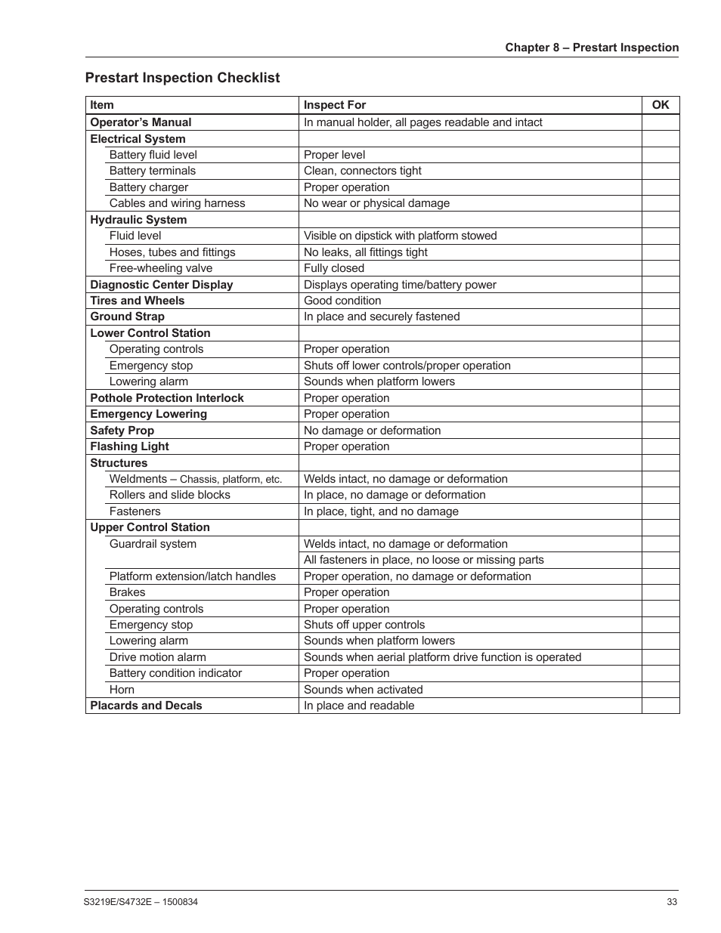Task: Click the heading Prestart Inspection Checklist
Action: pyautogui.click(x=182, y=78)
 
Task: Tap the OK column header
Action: pyautogui.click(x=660, y=105)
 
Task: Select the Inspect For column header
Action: pyautogui.click(x=334, y=105)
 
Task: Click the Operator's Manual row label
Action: pyautogui.click(x=141, y=122)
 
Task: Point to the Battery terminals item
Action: pyautogui.click(x=152, y=171)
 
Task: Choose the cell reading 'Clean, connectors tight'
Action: pyautogui.click(x=362, y=171)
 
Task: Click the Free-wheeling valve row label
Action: pyautogui.click(x=160, y=268)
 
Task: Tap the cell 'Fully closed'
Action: pyautogui.click(x=333, y=268)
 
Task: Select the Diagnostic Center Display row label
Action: pyautogui.click(x=161, y=285)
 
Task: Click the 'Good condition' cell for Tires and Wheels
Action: pyautogui.click(x=342, y=301)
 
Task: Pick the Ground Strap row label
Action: pyautogui.click(x=127, y=317)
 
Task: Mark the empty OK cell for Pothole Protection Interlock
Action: pyautogui.click(x=660, y=398)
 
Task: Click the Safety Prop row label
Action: pyautogui.click(x=122, y=431)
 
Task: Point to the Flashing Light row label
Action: pyautogui.click(x=129, y=446)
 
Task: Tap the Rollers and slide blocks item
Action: pyautogui.click(x=169, y=495)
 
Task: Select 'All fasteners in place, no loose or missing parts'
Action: pyautogui.click(x=423, y=560)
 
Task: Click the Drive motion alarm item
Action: pyautogui.click(x=157, y=657)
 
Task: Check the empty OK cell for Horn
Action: pyautogui.click(x=660, y=690)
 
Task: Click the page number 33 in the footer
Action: pyautogui.click(x=673, y=902)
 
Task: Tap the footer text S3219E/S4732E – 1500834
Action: pyautogui.click(x=141, y=902)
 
